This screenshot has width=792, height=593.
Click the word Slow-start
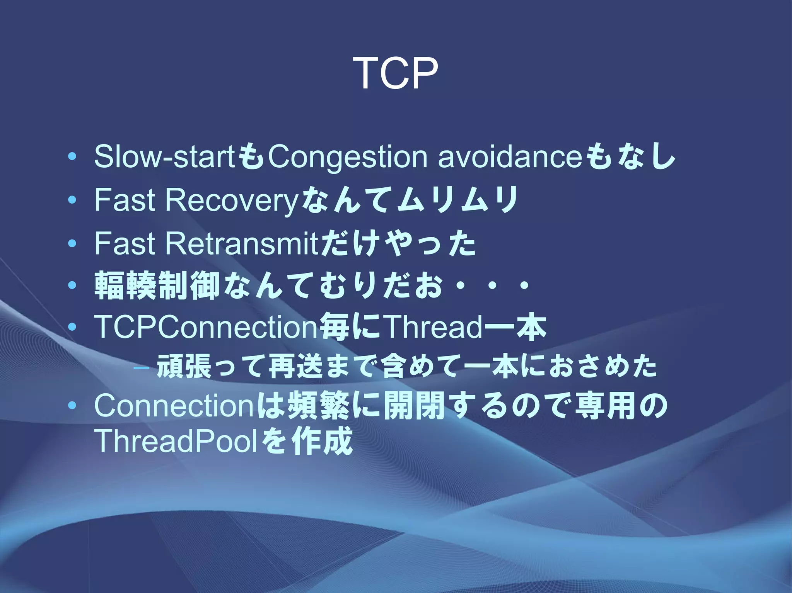point(164,157)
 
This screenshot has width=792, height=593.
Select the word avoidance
point(510,157)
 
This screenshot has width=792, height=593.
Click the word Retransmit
point(242,244)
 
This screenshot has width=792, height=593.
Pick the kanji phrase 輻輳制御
point(157,286)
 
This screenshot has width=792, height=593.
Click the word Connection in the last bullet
point(174,406)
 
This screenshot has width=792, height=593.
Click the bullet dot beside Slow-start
point(72,157)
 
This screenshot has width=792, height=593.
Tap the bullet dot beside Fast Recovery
point(72,200)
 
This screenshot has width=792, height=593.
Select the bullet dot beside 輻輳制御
point(72,286)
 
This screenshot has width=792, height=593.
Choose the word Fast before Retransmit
point(125,244)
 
